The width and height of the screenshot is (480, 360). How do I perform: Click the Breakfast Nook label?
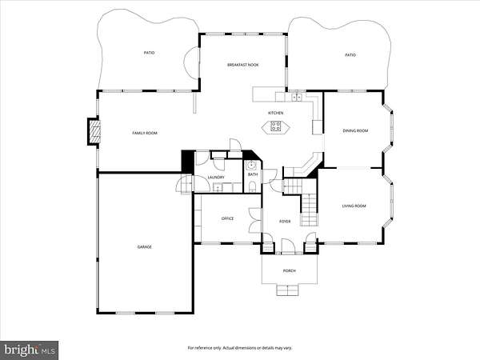242,65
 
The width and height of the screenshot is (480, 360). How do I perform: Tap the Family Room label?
145,133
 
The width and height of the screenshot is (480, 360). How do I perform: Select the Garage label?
145,247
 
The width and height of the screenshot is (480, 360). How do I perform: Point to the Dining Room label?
355,130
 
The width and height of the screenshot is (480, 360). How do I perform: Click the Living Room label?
354,206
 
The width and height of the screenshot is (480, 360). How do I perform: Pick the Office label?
227,218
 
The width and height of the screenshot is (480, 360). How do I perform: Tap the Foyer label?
285,222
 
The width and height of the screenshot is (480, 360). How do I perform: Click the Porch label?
290,271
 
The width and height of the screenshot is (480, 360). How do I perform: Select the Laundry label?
216,178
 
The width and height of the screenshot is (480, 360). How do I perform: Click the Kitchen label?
276,113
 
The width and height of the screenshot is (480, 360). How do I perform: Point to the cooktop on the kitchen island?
275,126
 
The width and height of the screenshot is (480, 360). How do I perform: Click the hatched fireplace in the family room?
94,132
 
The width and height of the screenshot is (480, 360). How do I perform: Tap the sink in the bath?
252,166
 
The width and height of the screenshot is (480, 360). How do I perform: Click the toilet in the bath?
252,187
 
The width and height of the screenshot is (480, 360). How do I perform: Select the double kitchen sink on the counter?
296,98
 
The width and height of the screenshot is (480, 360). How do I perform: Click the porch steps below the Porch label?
287,290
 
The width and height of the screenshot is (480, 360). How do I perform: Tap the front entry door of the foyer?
288,246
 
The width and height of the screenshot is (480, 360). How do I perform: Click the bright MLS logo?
30,350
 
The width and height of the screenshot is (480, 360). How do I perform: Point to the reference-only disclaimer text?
240,348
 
